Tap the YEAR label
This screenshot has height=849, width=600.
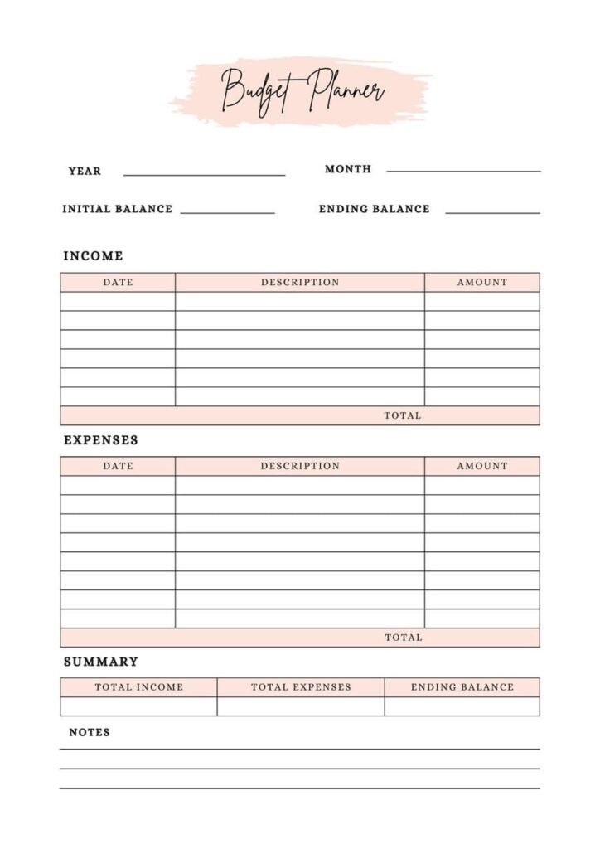pos(85,171)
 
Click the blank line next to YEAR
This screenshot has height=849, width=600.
pos(204,174)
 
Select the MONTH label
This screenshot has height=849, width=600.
pos(348,169)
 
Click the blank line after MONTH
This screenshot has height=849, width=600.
pos(463,170)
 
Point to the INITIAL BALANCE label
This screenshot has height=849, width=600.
pos(118,209)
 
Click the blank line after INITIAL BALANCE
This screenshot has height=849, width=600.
pos(227,212)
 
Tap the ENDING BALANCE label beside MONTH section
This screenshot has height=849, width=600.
pos(375,209)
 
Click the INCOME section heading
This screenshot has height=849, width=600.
pos(94,256)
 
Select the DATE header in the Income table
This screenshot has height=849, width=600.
pos(118,282)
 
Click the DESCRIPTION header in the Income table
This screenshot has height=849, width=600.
pos(300,282)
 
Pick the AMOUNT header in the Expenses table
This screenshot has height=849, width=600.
pos(482,466)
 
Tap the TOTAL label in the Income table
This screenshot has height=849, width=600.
pos(403,415)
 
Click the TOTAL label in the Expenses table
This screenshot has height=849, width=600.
pos(404,638)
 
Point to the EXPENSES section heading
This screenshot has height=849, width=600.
pos(101,440)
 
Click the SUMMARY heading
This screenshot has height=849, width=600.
pos(101,662)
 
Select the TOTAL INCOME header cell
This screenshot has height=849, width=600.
pos(139,687)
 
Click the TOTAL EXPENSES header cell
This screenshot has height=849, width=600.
pos(301,687)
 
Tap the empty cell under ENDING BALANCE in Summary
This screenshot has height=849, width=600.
pos(462,706)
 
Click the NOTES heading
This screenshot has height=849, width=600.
pos(90,732)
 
